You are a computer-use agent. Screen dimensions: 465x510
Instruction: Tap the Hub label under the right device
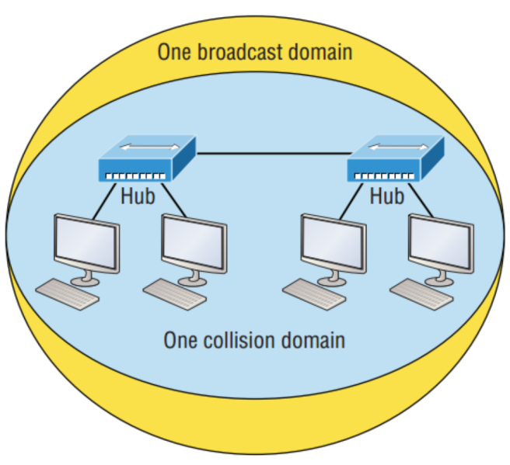pyautogui.click(x=386, y=197)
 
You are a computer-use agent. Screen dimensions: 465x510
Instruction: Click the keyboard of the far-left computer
pyautogui.click(x=68, y=294)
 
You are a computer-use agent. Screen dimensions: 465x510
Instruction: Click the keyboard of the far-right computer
pyautogui.click(x=421, y=294)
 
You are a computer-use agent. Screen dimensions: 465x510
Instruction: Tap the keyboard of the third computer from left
pyautogui.click(x=313, y=294)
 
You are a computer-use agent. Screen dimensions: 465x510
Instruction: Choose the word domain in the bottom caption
pyautogui.click(x=316, y=341)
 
